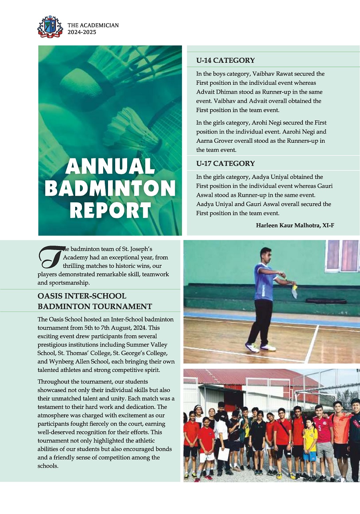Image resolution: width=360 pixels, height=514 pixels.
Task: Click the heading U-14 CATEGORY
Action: point(225,60)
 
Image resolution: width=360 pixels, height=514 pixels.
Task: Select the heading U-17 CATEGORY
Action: point(225,163)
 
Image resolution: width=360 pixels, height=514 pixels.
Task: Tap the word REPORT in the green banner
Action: point(110,210)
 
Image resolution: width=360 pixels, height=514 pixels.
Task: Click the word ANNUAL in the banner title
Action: point(110,166)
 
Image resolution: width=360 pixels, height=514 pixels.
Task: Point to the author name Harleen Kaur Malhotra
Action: point(295,226)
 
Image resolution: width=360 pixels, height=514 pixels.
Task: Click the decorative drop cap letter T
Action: point(50,257)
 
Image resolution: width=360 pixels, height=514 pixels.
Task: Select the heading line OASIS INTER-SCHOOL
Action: point(82,296)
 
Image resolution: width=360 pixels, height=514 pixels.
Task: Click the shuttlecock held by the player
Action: point(294,291)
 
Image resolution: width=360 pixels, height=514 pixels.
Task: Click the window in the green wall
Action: point(342,256)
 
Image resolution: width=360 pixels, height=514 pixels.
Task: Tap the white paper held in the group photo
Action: point(224,454)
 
